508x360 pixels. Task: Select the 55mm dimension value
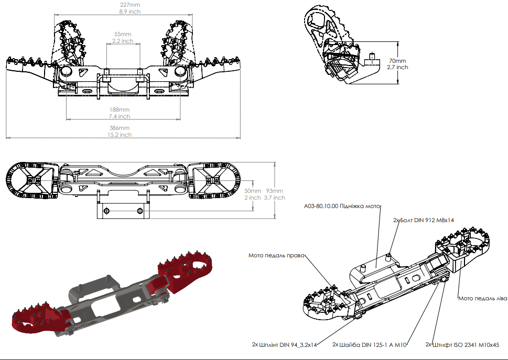[123, 34]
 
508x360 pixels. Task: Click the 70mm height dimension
[397, 61]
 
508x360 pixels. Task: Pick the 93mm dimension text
[275, 191]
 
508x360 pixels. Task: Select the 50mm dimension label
[252, 191]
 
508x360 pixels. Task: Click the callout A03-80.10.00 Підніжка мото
[342, 206]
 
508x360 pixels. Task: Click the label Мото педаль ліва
[482, 298]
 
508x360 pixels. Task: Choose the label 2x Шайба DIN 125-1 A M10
[370, 344]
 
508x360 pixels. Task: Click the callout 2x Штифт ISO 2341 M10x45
[462, 344]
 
